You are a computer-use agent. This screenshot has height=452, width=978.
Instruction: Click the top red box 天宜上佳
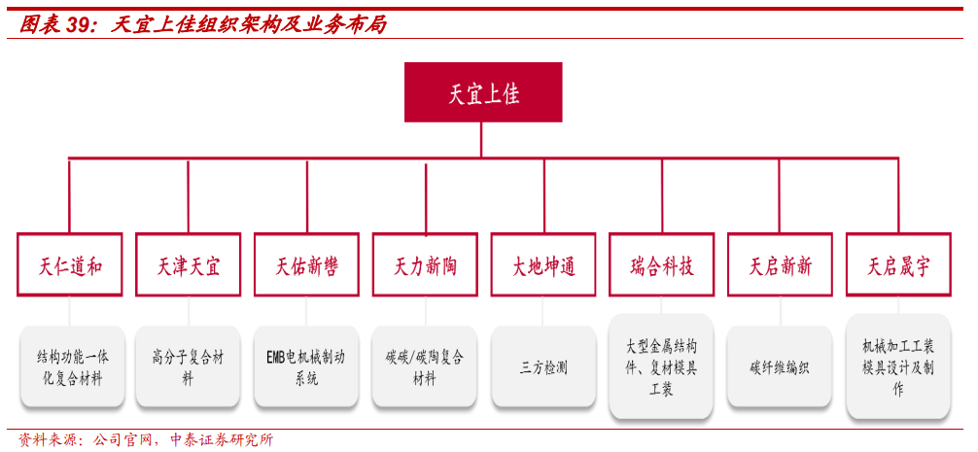click(x=483, y=92)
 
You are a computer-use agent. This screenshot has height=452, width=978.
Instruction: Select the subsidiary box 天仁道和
click(x=69, y=265)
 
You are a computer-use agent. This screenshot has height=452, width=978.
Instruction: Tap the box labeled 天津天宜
click(x=188, y=265)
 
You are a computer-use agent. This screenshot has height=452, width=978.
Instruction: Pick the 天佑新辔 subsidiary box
click(x=306, y=265)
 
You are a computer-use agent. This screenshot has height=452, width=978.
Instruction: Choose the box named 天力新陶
click(x=425, y=265)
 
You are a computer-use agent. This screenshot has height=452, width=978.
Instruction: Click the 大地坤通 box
click(x=543, y=265)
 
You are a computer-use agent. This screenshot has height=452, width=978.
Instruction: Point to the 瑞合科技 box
click(x=662, y=265)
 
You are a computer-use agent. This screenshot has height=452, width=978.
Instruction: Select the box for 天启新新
click(x=781, y=265)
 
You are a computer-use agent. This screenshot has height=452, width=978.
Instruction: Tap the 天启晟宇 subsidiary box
click(x=899, y=265)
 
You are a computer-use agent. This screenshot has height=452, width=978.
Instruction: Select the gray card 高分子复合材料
click(x=188, y=366)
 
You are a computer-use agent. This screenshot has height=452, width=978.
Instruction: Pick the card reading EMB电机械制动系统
click(x=306, y=366)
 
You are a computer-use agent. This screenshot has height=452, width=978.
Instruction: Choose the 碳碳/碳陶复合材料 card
click(x=425, y=366)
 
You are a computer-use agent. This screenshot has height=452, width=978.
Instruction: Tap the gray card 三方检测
click(x=543, y=366)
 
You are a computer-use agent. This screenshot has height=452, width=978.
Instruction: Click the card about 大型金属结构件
click(x=662, y=366)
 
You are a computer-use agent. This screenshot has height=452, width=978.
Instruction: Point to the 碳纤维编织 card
click(x=780, y=366)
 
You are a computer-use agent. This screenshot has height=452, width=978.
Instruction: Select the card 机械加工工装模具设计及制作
click(x=899, y=366)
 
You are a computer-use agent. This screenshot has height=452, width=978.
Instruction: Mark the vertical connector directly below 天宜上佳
click(x=481, y=140)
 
